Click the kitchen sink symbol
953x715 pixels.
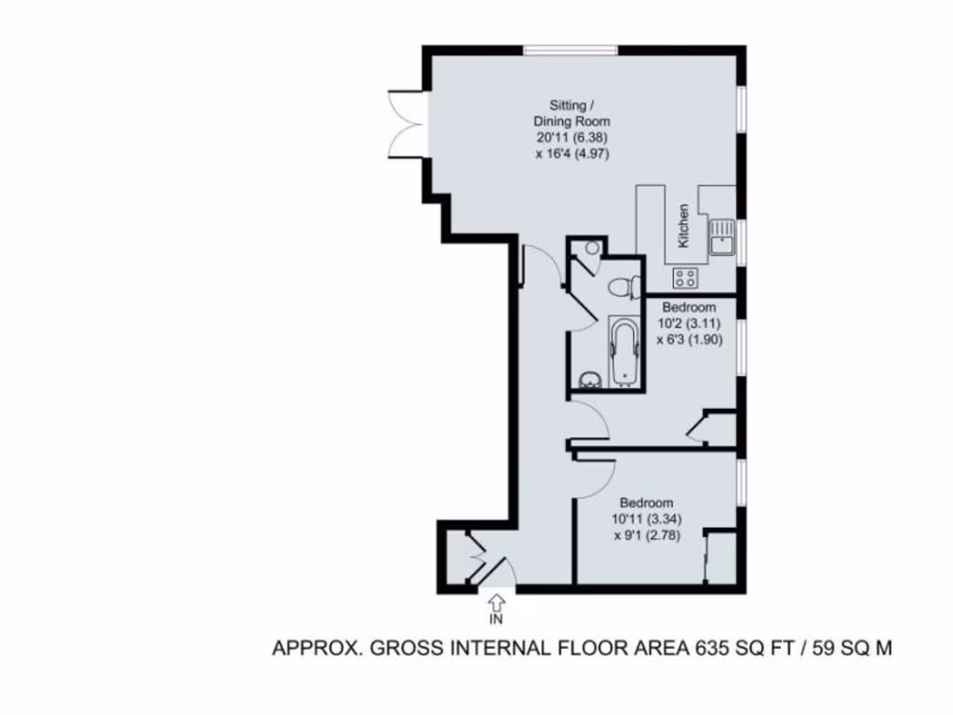722,236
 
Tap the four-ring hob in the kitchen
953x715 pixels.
686,277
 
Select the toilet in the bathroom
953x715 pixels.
623,287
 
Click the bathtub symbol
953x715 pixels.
624,352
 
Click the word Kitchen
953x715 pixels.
684,225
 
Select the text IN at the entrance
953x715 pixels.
497,618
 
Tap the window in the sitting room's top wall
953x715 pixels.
570,50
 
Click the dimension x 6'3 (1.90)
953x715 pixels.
689,340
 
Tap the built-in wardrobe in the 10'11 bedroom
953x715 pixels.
719,558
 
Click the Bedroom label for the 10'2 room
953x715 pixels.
689,307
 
